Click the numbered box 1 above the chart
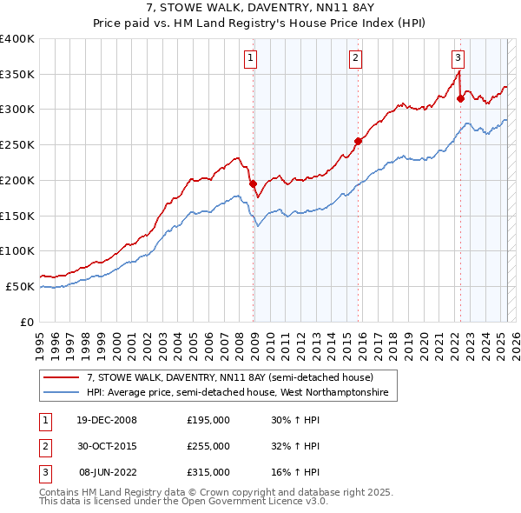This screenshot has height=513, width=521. [x=250, y=58]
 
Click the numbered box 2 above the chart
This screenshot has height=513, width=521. [x=356, y=58]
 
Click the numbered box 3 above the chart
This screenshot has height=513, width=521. [x=458, y=58]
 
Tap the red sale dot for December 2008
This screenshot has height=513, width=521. [x=254, y=183]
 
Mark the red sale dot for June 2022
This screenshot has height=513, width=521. [x=460, y=98]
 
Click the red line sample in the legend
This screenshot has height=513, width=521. [x=62, y=377]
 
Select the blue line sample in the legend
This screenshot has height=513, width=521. [x=62, y=393]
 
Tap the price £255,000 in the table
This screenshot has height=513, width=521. [x=208, y=446]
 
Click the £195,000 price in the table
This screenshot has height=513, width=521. [x=208, y=420]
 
